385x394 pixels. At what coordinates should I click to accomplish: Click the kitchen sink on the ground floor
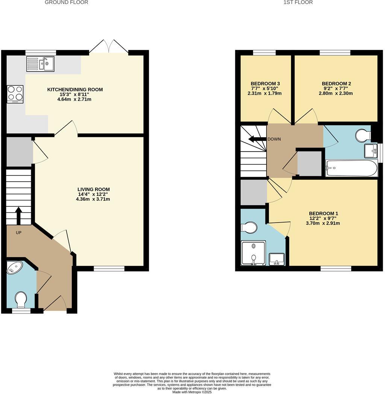[x=40, y=64]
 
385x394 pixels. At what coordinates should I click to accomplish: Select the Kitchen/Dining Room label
[x=75, y=89]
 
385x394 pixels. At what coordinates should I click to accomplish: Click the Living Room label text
[x=94, y=189]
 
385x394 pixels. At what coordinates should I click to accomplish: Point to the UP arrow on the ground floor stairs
[x=18, y=215]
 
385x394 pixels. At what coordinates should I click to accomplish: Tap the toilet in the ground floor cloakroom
[x=21, y=300]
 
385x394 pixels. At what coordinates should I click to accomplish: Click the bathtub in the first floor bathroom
[x=351, y=168]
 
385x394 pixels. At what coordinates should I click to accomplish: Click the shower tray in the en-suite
[x=253, y=253]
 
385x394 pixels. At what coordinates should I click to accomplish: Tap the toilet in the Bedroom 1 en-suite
[x=249, y=227]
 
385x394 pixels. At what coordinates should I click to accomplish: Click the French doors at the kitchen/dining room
[x=109, y=46]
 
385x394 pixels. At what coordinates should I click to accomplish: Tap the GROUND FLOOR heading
[x=67, y=2]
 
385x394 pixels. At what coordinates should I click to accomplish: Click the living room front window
[x=109, y=268]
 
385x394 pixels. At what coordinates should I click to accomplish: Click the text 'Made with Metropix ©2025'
[x=192, y=392]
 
